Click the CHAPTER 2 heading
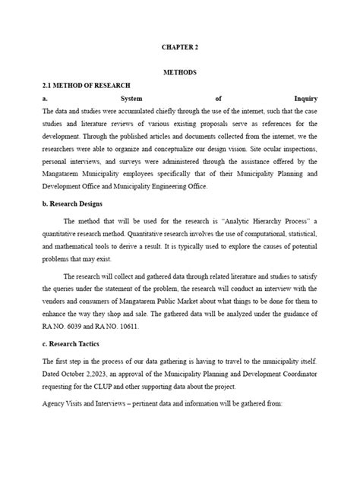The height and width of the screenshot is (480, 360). click(x=180, y=47)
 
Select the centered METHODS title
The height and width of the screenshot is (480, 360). click(x=180, y=72)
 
